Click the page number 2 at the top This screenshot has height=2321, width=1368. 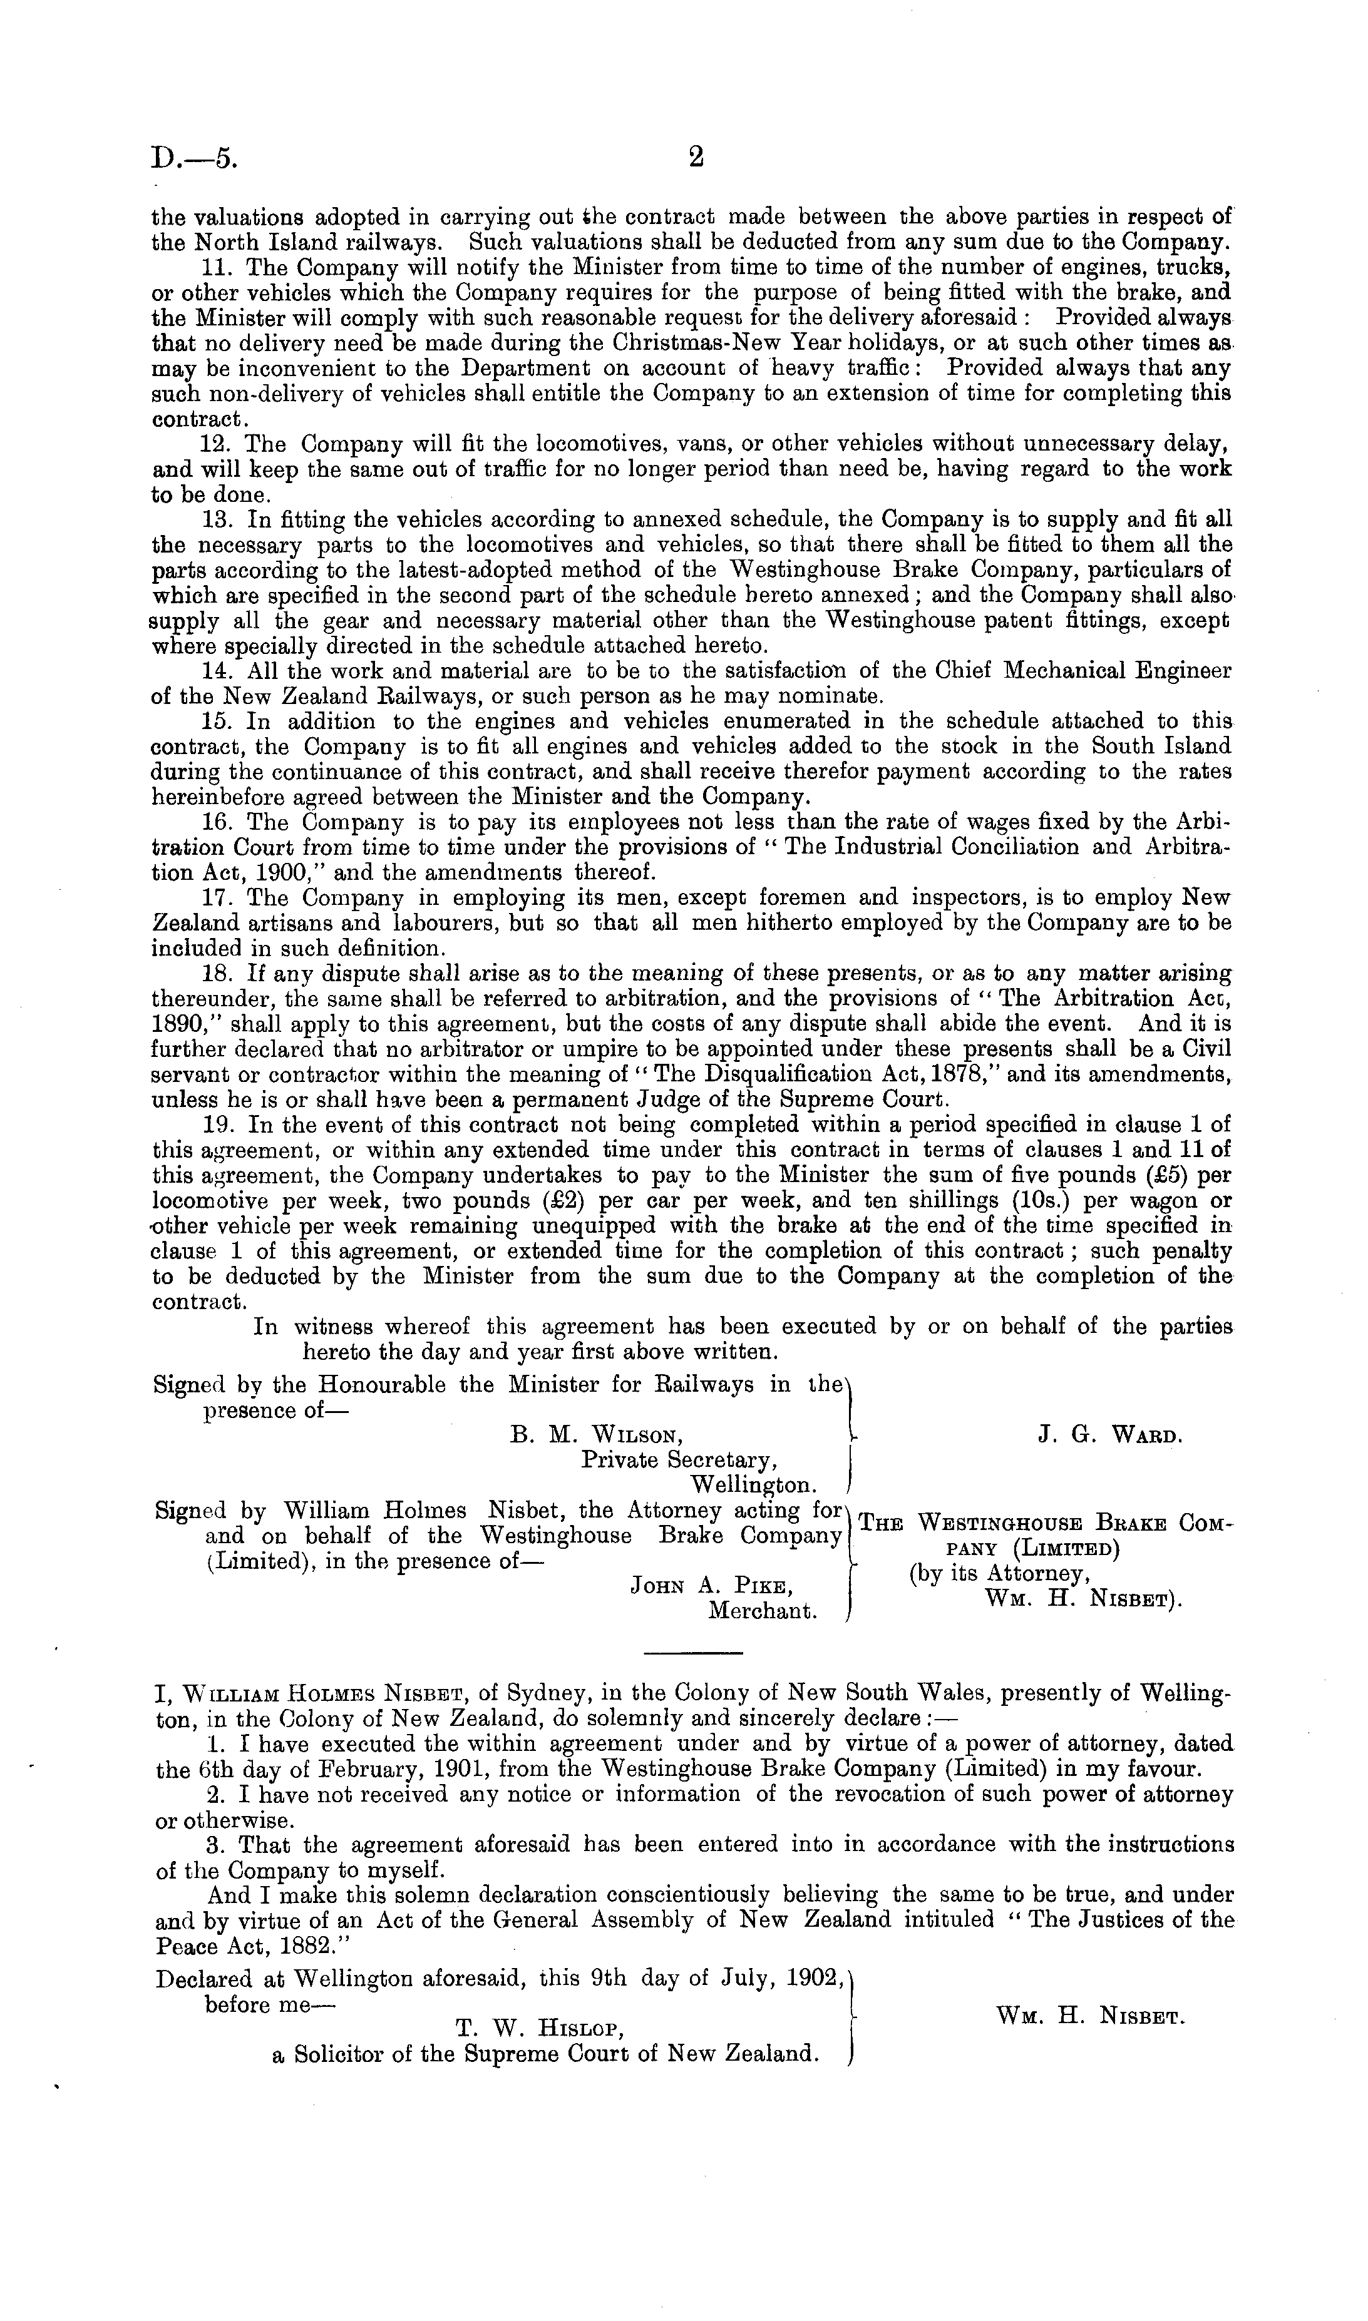tap(696, 158)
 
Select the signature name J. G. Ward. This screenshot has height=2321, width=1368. tap(1109, 1436)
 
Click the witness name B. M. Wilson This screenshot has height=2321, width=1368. tap(597, 1436)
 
